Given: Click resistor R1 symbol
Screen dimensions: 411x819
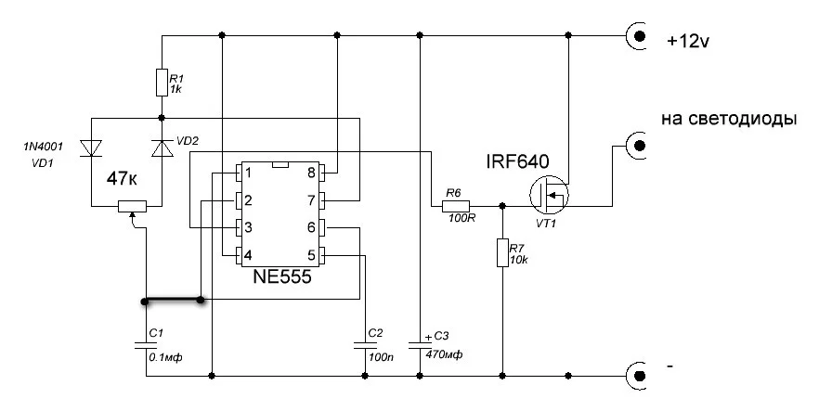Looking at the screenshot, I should click(162, 83).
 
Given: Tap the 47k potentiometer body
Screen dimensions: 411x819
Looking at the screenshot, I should click(135, 206).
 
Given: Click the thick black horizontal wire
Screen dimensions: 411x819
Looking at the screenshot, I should click(173, 301).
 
